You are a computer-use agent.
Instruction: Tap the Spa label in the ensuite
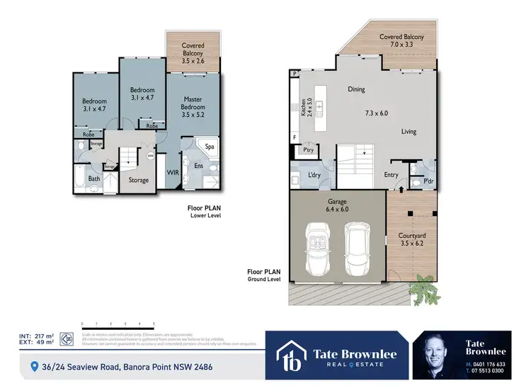click(x=210, y=147)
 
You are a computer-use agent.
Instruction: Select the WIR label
click(x=172, y=172)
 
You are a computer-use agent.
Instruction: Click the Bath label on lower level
click(x=94, y=179)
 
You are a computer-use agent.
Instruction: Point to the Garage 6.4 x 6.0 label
click(x=337, y=205)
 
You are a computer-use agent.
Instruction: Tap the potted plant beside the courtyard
click(x=422, y=287)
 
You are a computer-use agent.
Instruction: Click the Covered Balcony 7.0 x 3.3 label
click(x=402, y=40)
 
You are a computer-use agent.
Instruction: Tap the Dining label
click(x=355, y=90)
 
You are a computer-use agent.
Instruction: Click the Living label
click(x=409, y=132)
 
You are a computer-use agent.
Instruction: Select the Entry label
click(x=391, y=175)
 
